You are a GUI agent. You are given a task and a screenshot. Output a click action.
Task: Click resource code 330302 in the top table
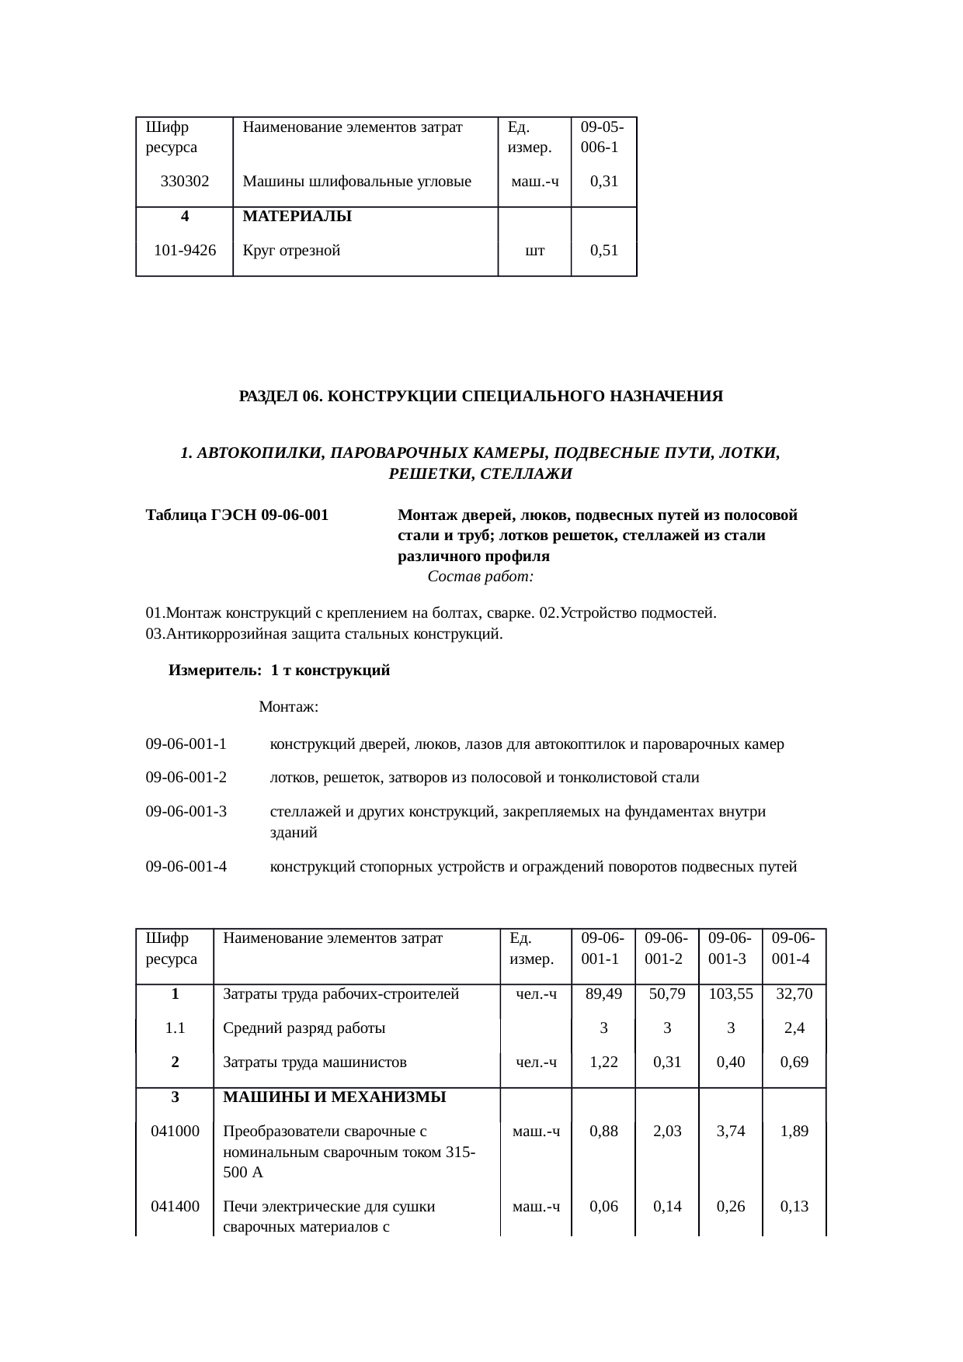[x=185, y=182]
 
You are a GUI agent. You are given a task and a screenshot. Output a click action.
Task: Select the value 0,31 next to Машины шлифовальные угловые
[x=603, y=182]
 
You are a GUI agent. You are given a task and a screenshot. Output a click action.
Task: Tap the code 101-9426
[x=185, y=251]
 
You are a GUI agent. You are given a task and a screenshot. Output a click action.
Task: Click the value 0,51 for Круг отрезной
[x=603, y=251]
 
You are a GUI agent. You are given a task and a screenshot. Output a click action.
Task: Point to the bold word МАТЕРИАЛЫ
[x=297, y=217]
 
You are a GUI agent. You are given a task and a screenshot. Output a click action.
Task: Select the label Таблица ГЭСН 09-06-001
[x=237, y=515]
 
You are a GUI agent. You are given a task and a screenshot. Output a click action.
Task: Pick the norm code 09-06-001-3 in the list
[x=186, y=812]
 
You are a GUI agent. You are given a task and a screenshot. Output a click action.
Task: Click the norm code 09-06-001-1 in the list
[x=186, y=744]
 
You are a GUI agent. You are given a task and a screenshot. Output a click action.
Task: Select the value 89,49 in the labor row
[x=603, y=994]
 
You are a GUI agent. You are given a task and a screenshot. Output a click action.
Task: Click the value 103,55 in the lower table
[x=731, y=994]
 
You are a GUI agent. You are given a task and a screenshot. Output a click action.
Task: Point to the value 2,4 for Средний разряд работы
[x=794, y=1028]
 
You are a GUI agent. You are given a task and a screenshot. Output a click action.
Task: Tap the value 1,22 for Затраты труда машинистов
[x=603, y=1062]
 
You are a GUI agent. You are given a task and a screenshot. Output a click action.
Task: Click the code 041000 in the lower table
[x=176, y=1132]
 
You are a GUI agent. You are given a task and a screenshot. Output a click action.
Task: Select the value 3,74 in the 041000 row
[x=731, y=1132]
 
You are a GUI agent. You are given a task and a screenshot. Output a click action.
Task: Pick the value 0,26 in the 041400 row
[x=731, y=1207]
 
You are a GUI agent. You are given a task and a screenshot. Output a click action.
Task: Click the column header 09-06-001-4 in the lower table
[x=793, y=948]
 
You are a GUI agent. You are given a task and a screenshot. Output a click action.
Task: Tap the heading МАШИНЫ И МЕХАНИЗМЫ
[x=334, y=1097]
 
